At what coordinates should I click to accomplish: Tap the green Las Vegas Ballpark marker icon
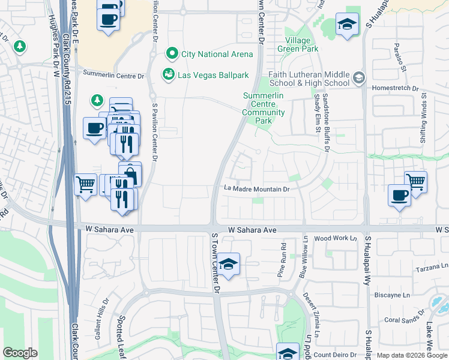(x=167, y=74)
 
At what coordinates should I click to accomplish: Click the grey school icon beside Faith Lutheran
(x=358, y=77)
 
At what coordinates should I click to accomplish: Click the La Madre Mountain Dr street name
(x=257, y=189)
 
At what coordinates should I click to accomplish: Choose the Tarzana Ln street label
(x=432, y=266)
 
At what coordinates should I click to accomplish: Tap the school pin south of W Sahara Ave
(x=228, y=265)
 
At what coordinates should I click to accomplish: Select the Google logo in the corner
(x=20, y=353)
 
